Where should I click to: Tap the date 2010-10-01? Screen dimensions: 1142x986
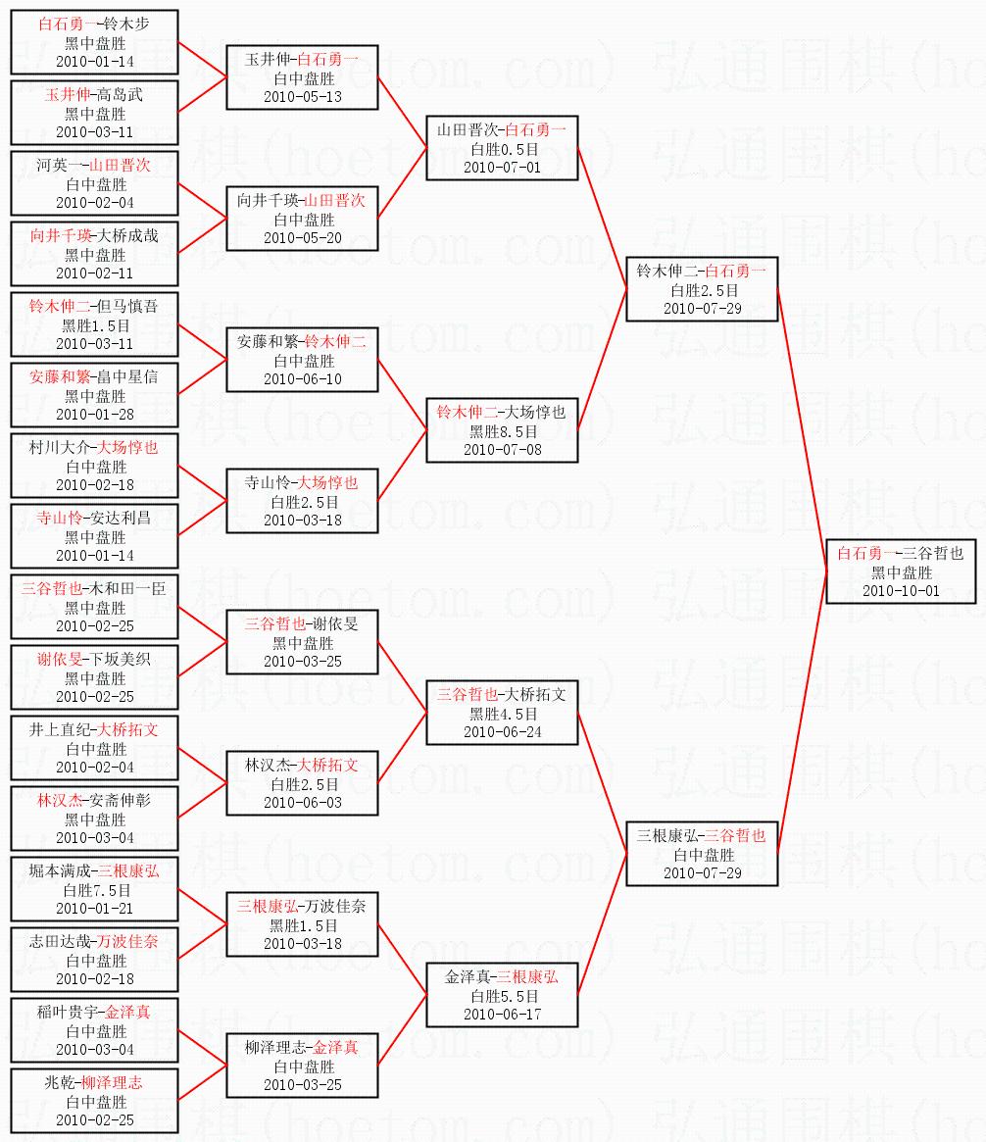[901, 591]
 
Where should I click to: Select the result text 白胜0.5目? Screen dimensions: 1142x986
[503, 148]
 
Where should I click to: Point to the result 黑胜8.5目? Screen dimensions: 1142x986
[503, 431]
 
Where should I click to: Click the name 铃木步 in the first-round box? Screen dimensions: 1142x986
[127, 24]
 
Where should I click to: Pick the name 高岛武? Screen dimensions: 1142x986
[121, 95]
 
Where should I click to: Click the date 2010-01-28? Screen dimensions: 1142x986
[95, 415]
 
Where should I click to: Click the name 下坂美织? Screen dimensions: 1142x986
[120, 659]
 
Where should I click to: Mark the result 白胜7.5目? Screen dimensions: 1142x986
[95, 890]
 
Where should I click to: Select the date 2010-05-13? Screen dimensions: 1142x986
[303, 97]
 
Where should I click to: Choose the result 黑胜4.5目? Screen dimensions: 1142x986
[503, 714]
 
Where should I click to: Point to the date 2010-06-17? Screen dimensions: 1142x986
[503, 1015]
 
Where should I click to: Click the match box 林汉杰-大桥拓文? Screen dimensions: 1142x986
[302, 783]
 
